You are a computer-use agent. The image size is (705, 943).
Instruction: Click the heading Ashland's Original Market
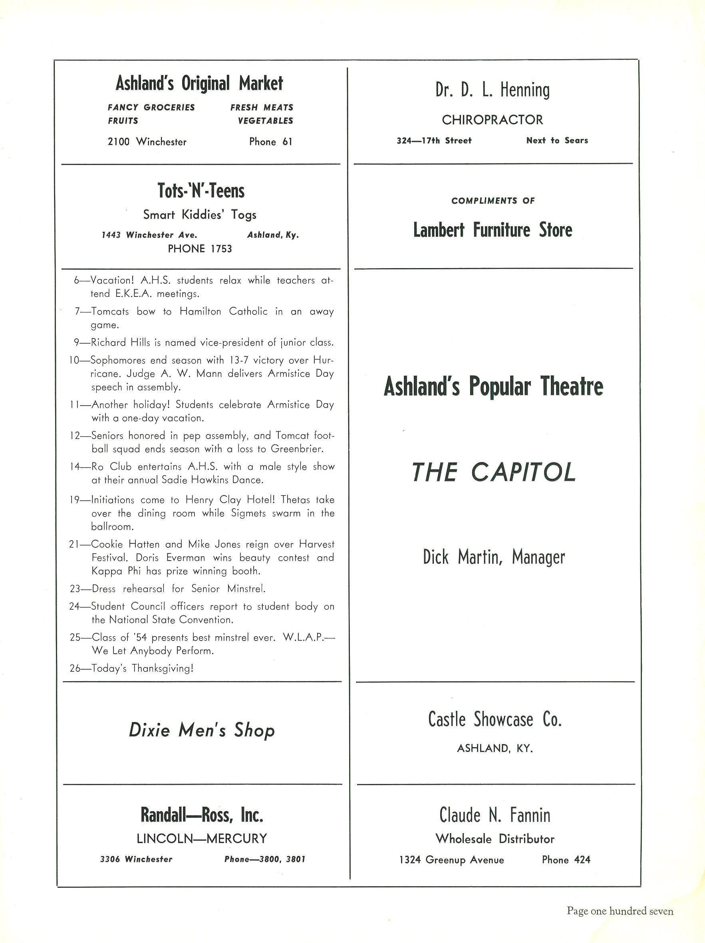199,84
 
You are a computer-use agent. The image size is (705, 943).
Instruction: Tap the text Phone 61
271,142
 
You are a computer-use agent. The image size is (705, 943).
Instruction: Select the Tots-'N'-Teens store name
201,191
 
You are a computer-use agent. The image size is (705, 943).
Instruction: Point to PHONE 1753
200,249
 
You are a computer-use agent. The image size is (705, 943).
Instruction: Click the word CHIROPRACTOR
493,120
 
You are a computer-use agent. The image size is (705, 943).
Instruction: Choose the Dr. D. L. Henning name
493,90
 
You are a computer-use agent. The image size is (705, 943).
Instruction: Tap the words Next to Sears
557,141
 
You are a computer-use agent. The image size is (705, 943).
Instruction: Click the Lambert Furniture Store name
493,230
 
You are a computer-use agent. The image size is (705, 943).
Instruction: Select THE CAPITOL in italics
494,472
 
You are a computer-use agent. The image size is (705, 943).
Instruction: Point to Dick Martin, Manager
494,557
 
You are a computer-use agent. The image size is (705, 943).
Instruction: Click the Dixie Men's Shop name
202,730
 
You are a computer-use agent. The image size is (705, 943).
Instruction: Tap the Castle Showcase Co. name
494,720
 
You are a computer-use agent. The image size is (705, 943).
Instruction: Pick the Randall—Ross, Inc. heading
202,815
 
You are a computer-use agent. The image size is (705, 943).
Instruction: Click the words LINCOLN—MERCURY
202,839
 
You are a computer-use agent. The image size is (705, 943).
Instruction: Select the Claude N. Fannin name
494,815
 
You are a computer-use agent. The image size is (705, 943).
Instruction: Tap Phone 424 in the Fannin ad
566,860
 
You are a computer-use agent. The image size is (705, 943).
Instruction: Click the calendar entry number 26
75,668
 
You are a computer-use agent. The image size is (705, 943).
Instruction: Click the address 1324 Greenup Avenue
451,860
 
